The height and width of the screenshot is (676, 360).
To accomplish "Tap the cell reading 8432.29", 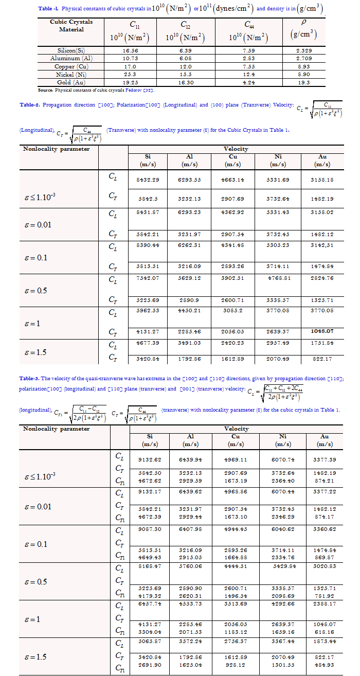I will [147, 180].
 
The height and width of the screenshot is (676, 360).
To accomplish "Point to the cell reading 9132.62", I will [147, 460].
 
